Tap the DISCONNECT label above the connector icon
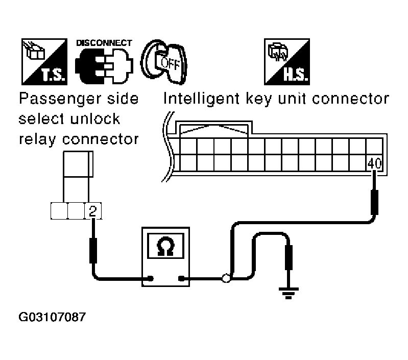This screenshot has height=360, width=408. (x=104, y=43)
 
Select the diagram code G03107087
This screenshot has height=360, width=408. (x=52, y=317)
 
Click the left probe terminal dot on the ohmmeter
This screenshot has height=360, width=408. (x=151, y=279)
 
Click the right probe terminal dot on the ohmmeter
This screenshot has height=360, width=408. (x=181, y=279)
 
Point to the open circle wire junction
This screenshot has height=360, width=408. (x=226, y=278)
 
